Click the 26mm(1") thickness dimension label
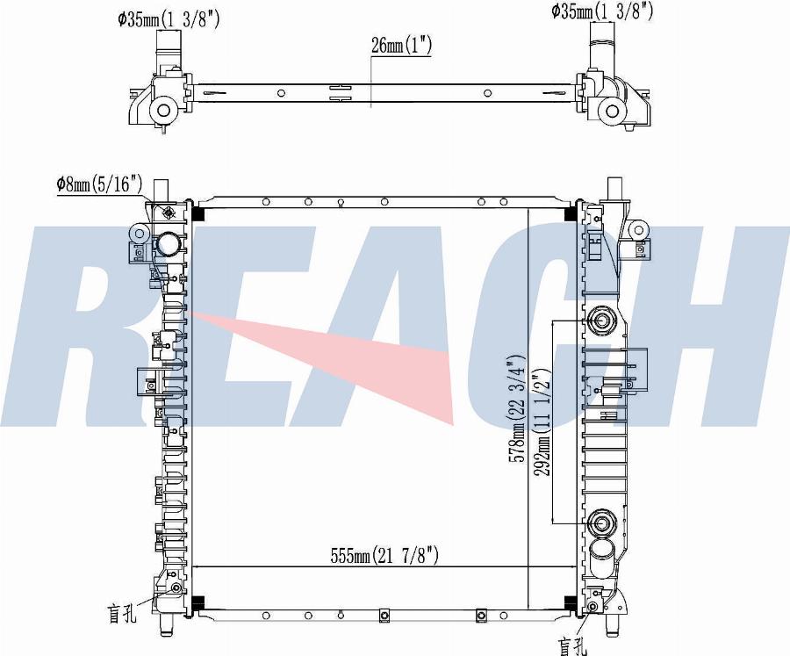[x=401, y=45]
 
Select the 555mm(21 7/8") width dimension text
[x=384, y=556]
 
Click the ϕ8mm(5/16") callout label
[x=99, y=184]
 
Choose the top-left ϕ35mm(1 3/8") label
[x=169, y=19]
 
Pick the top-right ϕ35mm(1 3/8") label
[x=602, y=11]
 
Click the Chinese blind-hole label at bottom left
[x=121, y=613]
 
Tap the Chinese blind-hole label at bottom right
[x=573, y=646]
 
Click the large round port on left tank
[x=168, y=245]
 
